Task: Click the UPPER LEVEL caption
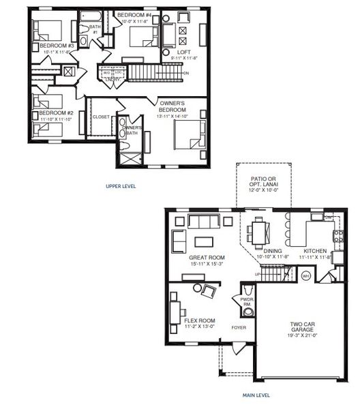(x=122, y=185)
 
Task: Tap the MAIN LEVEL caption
(x=256, y=395)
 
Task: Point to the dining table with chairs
(x=259, y=231)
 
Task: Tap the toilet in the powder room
(x=247, y=312)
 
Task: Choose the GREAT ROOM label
(x=207, y=258)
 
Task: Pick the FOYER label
(x=238, y=327)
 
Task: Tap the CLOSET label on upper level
(x=101, y=117)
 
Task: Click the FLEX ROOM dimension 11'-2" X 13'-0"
(x=200, y=327)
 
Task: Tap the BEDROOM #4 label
(x=136, y=14)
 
